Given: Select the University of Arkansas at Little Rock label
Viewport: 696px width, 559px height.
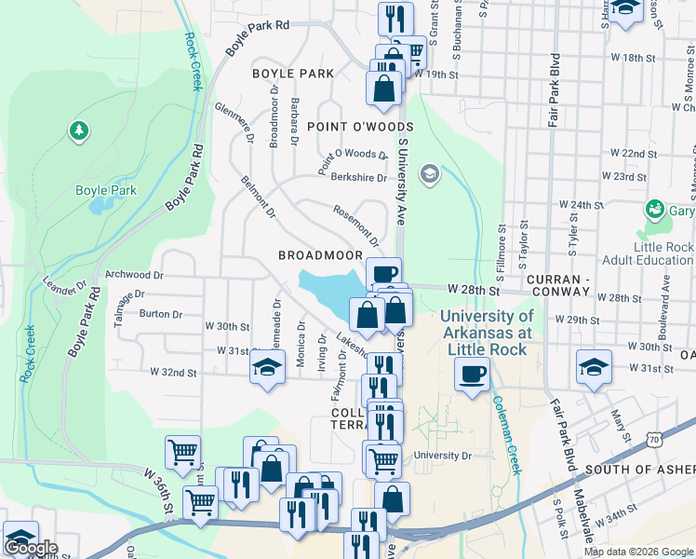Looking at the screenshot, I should [x=487, y=333].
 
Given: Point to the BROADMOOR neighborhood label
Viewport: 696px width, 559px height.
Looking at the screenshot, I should [x=319, y=254].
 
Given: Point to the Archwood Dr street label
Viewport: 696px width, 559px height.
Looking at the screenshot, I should [x=134, y=275].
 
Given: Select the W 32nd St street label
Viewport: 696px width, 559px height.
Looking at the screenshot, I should [x=175, y=372].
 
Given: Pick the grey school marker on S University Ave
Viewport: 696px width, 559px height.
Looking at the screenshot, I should [x=429, y=172].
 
